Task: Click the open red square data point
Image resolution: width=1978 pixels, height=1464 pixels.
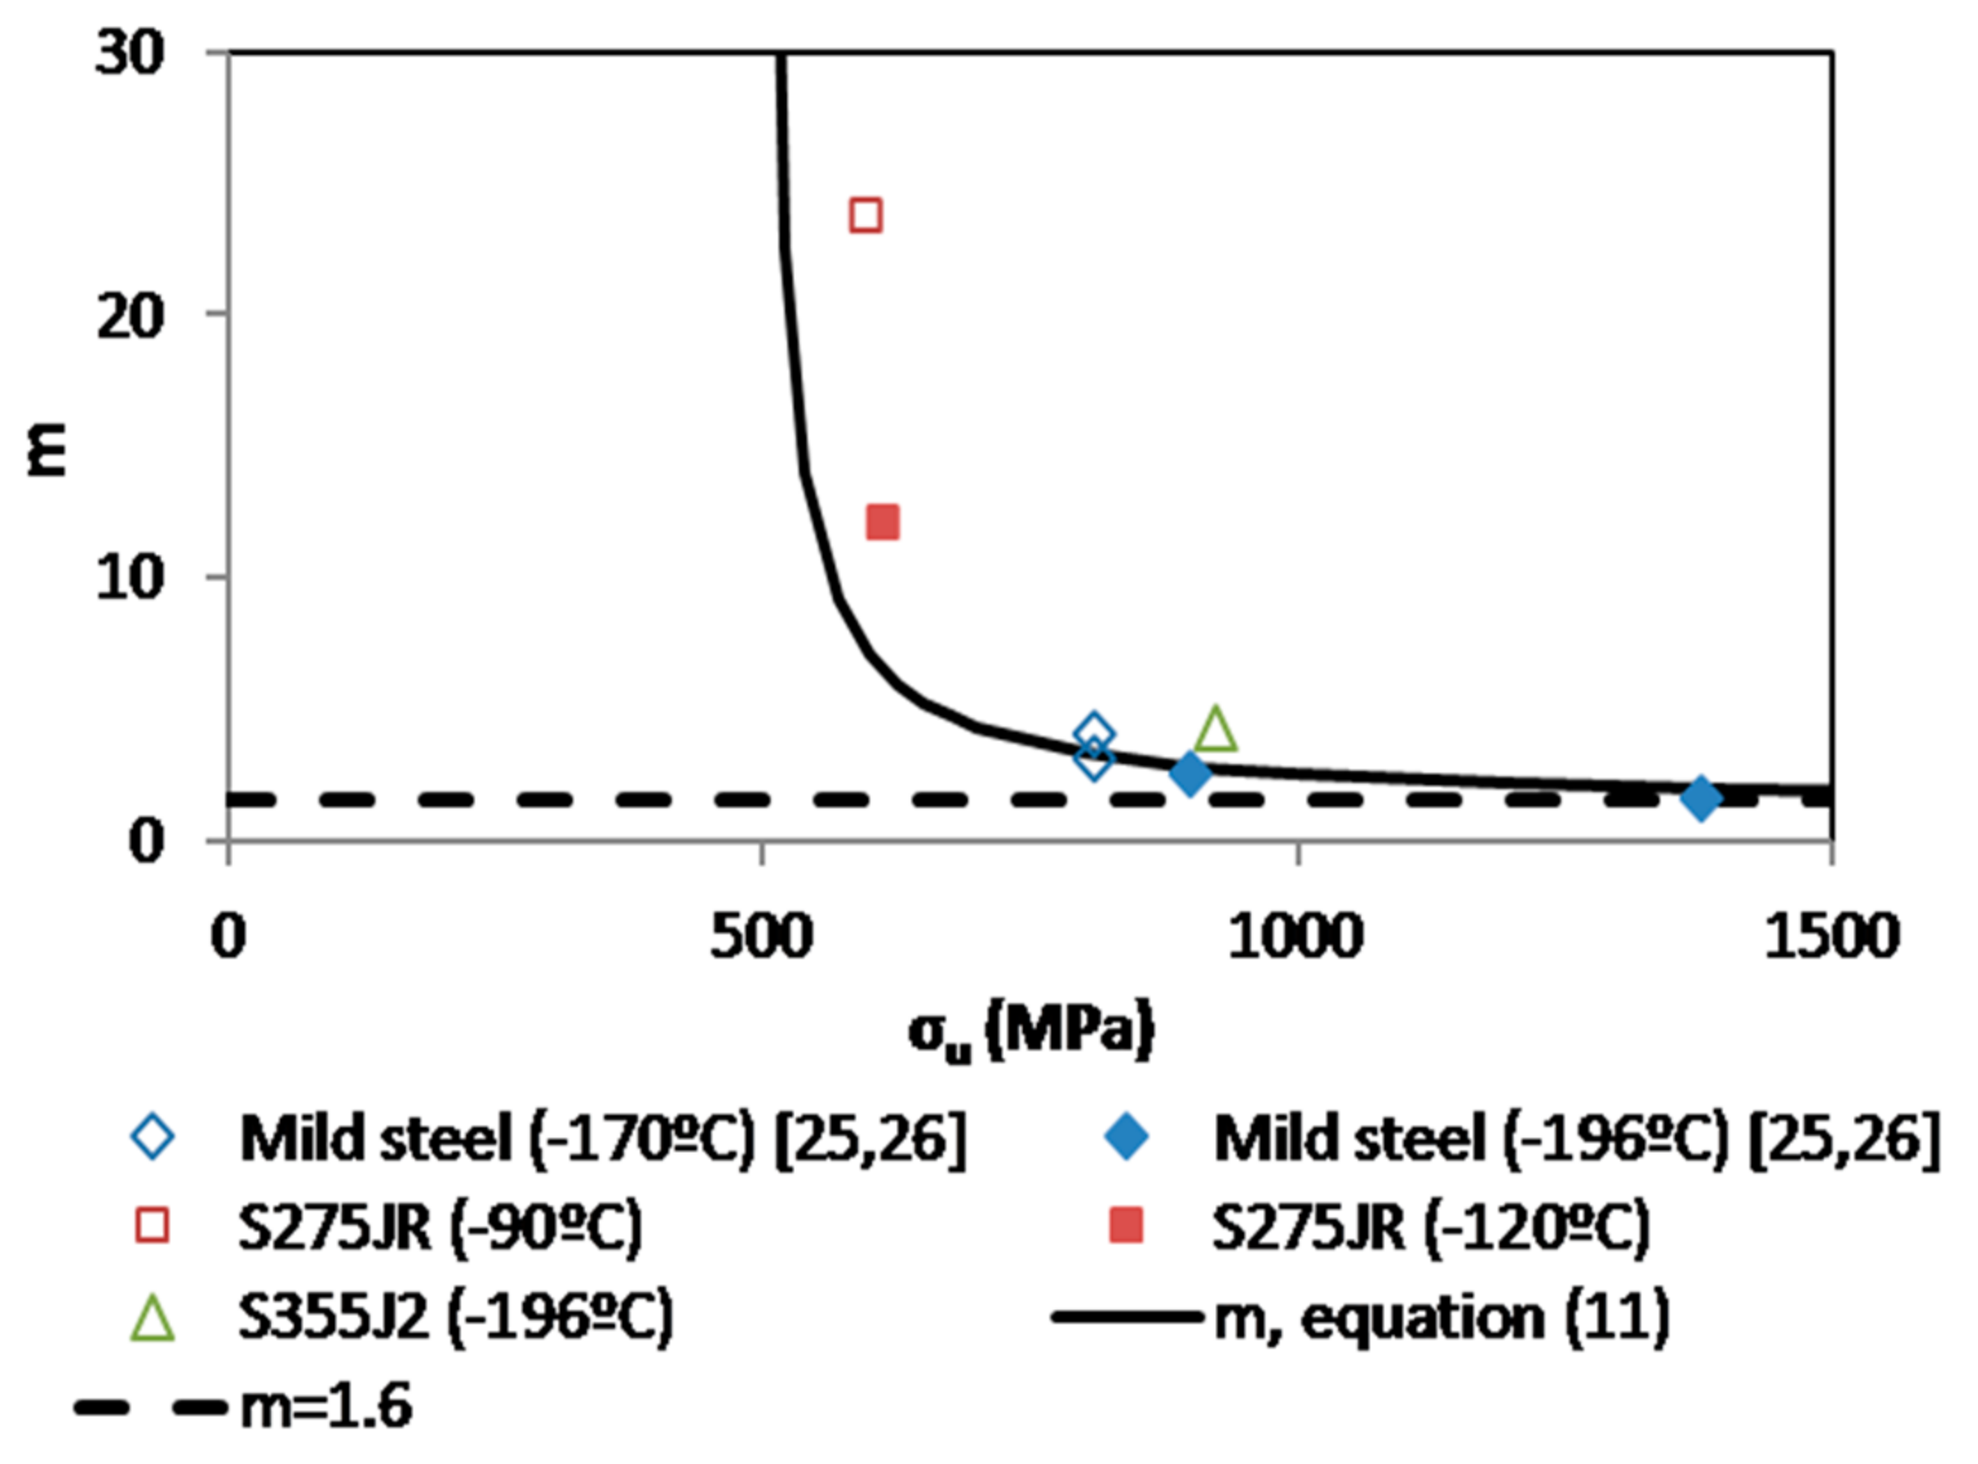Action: [865, 215]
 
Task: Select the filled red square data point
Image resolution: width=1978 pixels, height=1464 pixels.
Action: [883, 523]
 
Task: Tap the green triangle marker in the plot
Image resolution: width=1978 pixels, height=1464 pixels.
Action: [1215, 730]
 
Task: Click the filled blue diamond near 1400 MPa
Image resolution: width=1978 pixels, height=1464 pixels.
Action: [1700, 798]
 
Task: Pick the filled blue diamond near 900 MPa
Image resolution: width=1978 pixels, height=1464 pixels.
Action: [1189, 774]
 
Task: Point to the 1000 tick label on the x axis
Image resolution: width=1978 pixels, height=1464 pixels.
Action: [1295, 938]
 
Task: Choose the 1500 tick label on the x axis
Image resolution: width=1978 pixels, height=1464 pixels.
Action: [1830, 938]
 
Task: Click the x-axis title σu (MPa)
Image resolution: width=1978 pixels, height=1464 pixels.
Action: [1032, 1031]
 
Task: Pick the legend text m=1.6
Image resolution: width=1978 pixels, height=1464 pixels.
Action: [326, 1407]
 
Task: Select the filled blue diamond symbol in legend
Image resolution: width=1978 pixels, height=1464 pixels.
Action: [1126, 1138]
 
